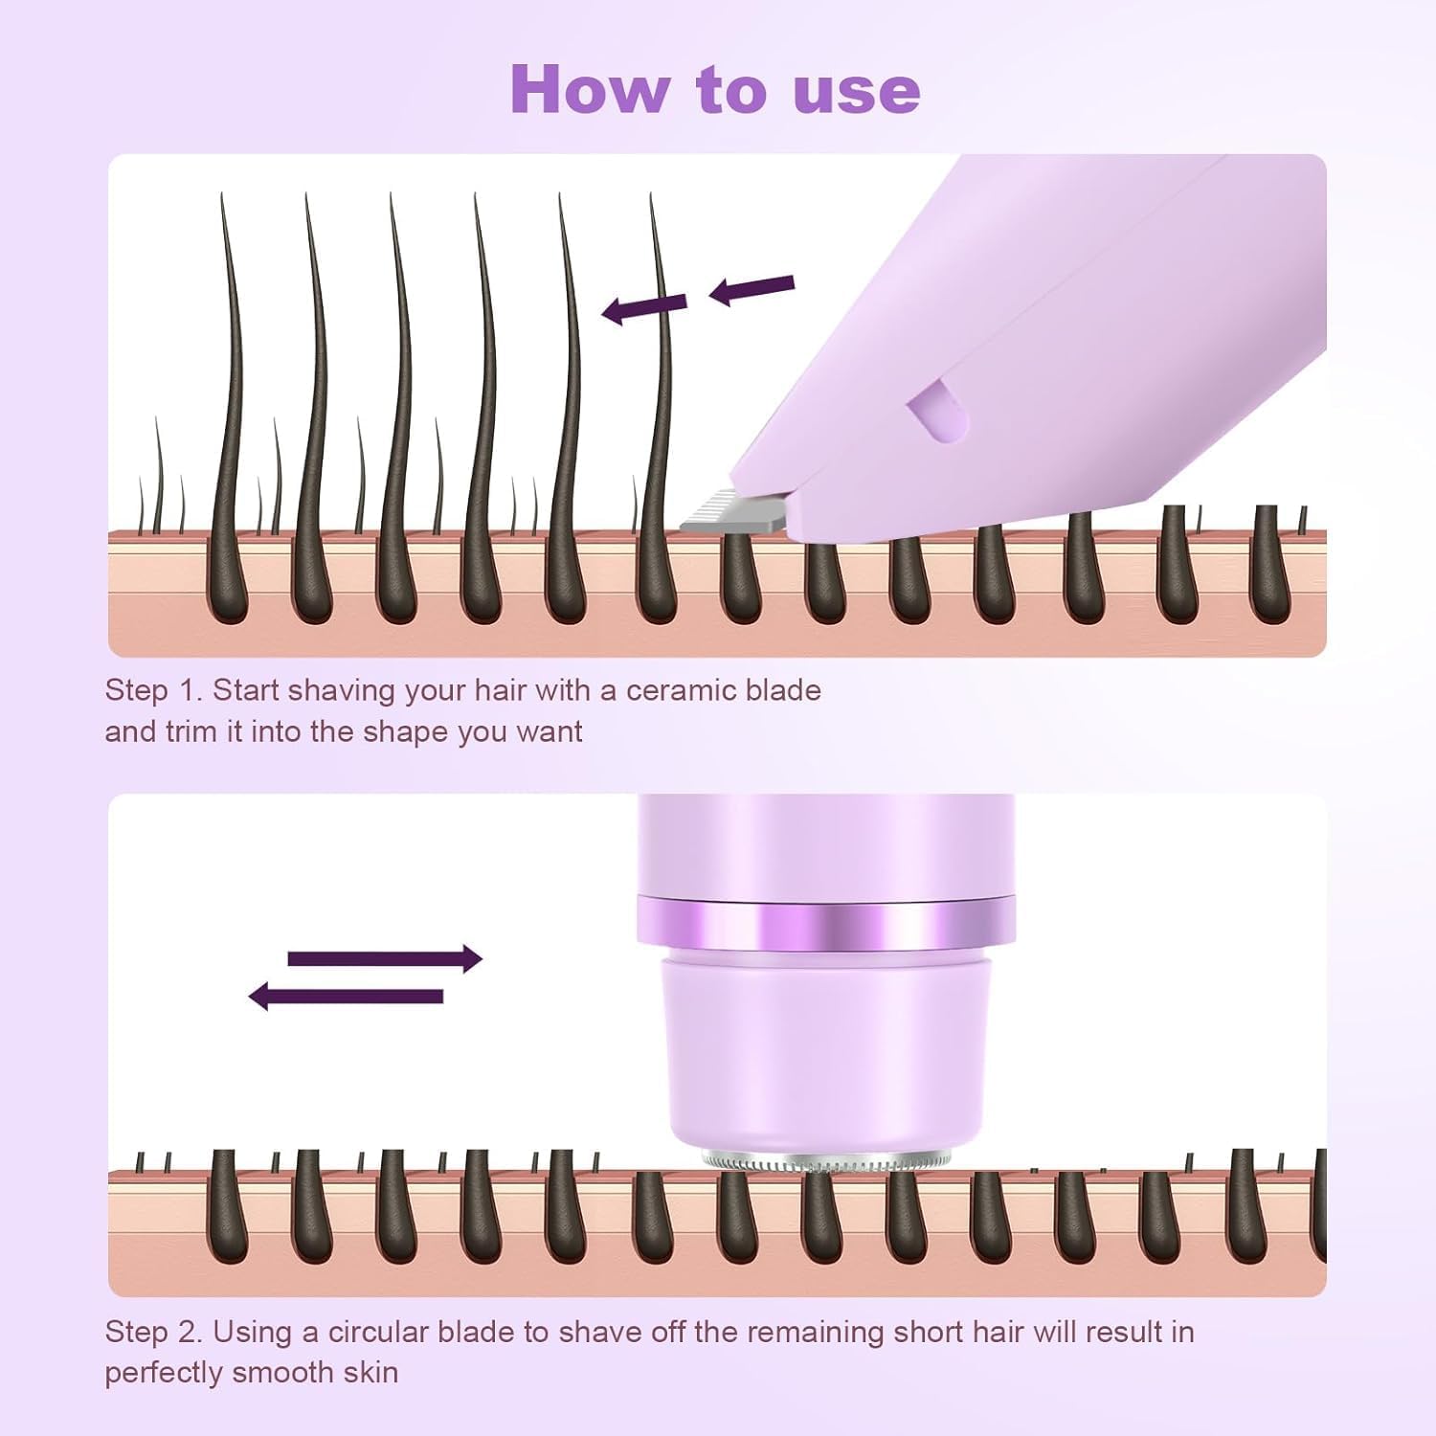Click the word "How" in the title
click(x=590, y=89)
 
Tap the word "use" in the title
click(x=857, y=93)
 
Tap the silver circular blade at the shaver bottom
click(x=826, y=1161)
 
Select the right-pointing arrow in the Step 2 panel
click(x=385, y=958)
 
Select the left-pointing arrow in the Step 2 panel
click(x=346, y=997)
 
